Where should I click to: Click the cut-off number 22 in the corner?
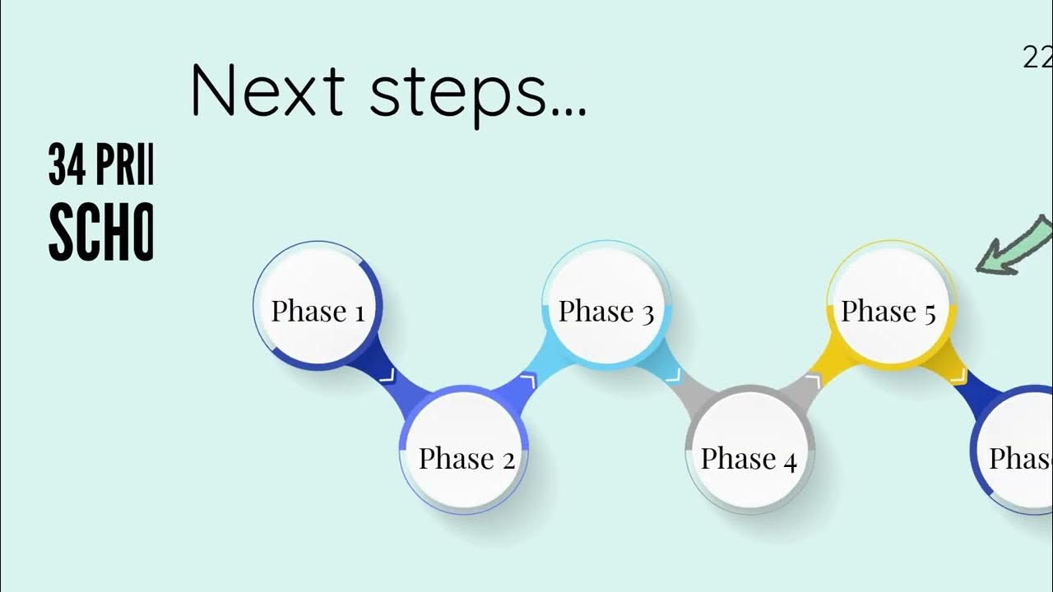click(1037, 58)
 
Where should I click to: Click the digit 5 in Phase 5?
click(930, 314)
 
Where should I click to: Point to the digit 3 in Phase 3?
click(647, 314)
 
